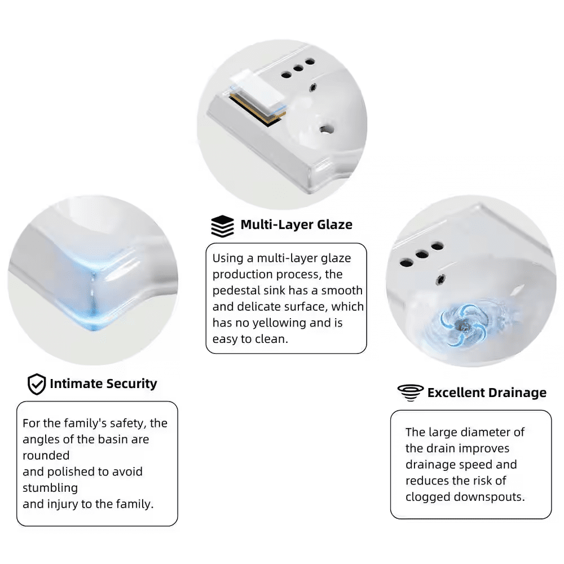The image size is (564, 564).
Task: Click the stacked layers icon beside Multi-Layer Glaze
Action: [222, 226]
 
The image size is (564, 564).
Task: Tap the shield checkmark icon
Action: [37, 384]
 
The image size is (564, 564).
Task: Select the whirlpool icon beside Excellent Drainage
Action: [411, 393]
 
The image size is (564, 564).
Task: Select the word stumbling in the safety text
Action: [50, 488]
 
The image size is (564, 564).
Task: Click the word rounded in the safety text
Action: [46, 455]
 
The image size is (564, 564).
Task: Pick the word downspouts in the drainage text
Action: [489, 497]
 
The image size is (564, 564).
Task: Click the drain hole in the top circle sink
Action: [326, 129]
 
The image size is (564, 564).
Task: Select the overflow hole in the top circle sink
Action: [313, 87]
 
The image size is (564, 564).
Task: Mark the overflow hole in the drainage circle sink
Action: [440, 279]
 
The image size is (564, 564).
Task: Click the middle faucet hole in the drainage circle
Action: [422, 255]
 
